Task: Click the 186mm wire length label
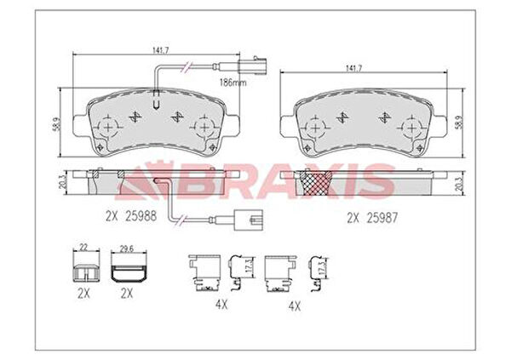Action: (233, 83)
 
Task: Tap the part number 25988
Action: (141, 216)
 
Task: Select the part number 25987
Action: (382, 218)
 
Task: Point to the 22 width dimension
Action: (84, 248)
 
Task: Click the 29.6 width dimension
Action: (127, 249)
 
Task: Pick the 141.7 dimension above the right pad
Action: (354, 68)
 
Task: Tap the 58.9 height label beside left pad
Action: (56, 124)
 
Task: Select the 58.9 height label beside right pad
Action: (458, 123)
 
